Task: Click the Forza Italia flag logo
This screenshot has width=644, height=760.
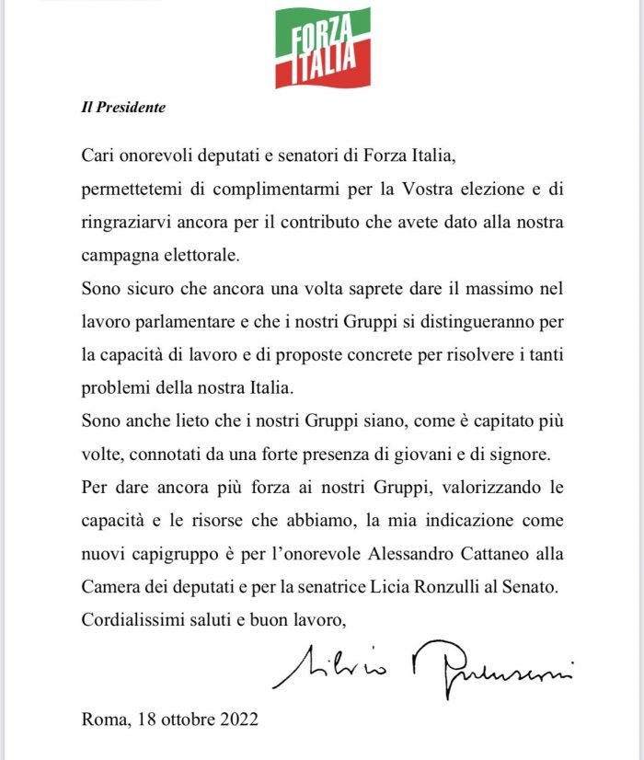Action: [322, 47]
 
